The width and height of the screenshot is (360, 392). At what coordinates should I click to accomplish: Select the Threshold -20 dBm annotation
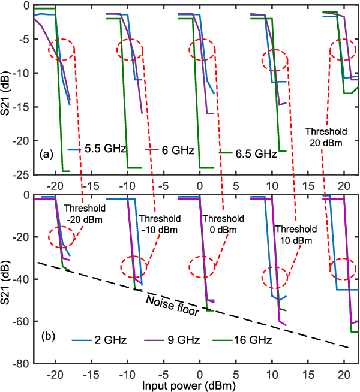click(x=83, y=214)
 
